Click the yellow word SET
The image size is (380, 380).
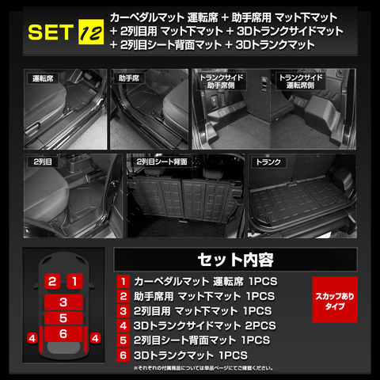tap(51, 32)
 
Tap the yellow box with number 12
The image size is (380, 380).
tap(91, 32)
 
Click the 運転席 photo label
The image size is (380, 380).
tap(43, 78)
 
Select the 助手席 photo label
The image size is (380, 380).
tap(129, 78)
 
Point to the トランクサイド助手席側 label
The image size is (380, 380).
tap(222, 82)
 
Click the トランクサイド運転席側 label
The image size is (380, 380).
tap(301, 82)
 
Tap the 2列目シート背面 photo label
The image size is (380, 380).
tap(161, 161)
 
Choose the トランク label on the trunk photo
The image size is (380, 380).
tap(268, 162)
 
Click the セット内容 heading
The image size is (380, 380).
tap(235, 260)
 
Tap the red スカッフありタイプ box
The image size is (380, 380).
tap(335, 299)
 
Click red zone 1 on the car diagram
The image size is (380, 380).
tap(74, 281)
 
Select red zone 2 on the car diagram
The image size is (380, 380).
tap(52, 281)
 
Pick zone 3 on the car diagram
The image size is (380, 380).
tap(63, 302)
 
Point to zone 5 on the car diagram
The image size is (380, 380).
tap(63, 318)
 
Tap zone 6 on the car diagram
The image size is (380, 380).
tap(63, 334)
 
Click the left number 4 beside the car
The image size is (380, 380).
tap(32, 338)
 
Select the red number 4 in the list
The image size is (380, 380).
tap(123, 325)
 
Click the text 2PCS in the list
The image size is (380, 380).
tap(260, 325)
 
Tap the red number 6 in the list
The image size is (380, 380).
tap(123, 355)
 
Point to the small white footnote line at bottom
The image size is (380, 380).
tap(203, 368)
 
